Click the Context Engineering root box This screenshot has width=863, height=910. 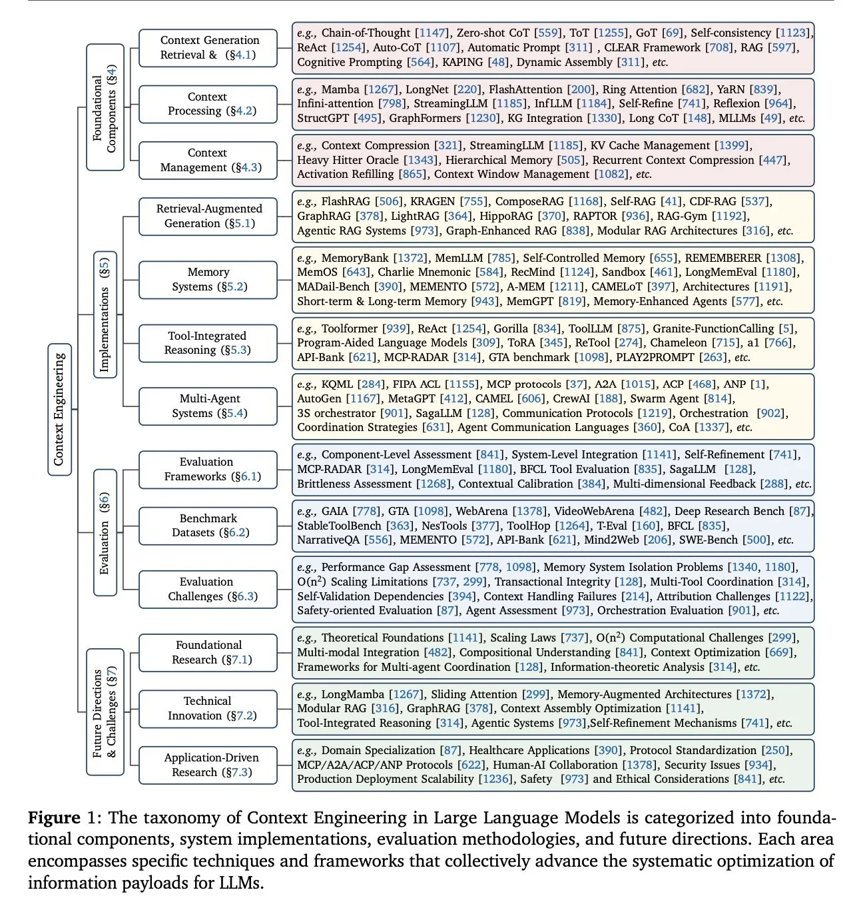59,410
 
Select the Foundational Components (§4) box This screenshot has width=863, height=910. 105,107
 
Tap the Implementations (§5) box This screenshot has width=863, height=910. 105,314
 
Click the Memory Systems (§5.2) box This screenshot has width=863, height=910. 208,279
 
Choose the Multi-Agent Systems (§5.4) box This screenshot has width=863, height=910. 208,406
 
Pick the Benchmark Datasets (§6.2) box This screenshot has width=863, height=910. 208,525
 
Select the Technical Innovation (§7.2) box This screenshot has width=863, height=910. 208,708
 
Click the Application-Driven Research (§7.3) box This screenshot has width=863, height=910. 208,765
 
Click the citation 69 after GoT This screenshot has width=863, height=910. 673,33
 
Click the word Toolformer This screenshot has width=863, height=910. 350,328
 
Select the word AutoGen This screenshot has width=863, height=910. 319,398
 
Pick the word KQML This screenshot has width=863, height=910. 337,384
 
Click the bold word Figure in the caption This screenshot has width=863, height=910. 54,817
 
